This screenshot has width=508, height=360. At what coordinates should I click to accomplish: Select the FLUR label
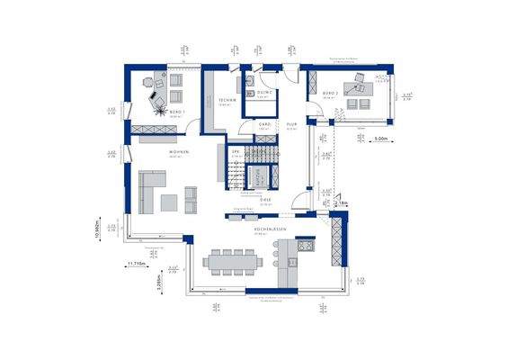291,125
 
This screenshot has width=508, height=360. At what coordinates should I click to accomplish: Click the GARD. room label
265,125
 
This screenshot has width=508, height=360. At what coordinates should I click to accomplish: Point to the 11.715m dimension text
137,263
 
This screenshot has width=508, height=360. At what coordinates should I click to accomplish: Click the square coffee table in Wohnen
190,193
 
